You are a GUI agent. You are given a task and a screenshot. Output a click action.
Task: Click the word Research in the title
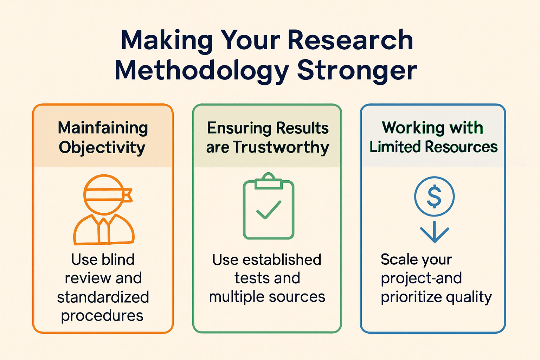(350, 40)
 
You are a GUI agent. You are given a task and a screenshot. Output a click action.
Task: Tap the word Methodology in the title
(201, 71)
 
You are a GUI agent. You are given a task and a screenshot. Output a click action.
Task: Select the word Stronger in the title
(357, 71)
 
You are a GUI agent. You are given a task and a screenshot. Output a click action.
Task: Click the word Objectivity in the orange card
(102, 148)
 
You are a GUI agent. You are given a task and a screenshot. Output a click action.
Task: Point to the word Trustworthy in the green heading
(281, 147)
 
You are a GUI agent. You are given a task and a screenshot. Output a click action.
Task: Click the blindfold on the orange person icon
(104, 194)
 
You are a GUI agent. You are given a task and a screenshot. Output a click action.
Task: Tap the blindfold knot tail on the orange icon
(128, 195)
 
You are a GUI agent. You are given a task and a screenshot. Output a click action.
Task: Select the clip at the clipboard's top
(269, 182)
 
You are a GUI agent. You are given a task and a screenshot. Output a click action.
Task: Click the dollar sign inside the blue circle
(434, 196)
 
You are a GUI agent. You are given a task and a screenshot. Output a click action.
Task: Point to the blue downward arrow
(435, 232)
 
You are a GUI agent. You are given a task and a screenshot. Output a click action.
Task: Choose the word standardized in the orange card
(103, 297)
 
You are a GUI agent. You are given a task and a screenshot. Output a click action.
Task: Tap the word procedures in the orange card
(102, 316)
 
